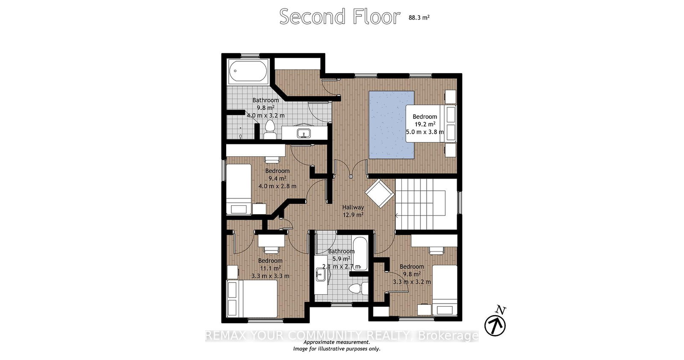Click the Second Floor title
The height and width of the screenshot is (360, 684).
pyautogui.click(x=339, y=17)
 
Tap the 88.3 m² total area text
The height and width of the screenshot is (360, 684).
pyautogui.click(x=419, y=18)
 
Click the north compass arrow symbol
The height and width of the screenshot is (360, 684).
pyautogui.click(x=495, y=324)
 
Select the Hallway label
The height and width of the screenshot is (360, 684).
pyautogui.click(x=353, y=207)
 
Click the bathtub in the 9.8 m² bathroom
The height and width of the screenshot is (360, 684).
pyautogui.click(x=248, y=71)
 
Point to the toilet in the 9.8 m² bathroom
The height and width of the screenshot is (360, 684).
pyautogui.click(x=270, y=130)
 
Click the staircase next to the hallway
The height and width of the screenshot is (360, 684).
pyautogui.click(x=426, y=204)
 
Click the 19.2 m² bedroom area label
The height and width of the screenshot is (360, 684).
pyautogui.click(x=425, y=124)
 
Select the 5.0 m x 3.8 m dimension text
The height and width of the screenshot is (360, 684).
pyautogui.click(x=425, y=132)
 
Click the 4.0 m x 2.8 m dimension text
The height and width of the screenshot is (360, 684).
pyautogui.click(x=277, y=186)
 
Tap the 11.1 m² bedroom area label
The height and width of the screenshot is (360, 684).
pyautogui.click(x=270, y=268)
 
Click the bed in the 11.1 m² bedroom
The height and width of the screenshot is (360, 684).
pyautogui.click(x=252, y=299)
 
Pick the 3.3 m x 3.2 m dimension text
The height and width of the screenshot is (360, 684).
pyautogui.click(x=412, y=282)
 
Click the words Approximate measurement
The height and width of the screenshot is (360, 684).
pyautogui.click(x=337, y=342)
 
